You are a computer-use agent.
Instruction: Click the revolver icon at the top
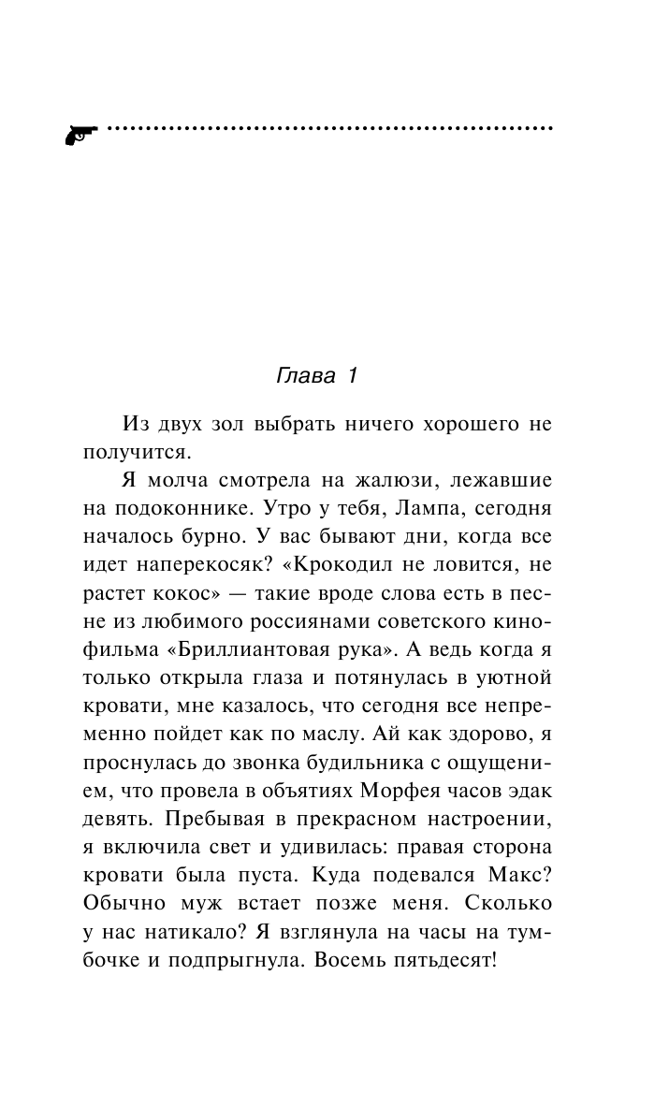click(x=81, y=134)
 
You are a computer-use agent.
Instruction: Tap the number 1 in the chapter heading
click(x=353, y=376)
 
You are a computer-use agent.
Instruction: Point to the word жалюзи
click(x=398, y=480)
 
